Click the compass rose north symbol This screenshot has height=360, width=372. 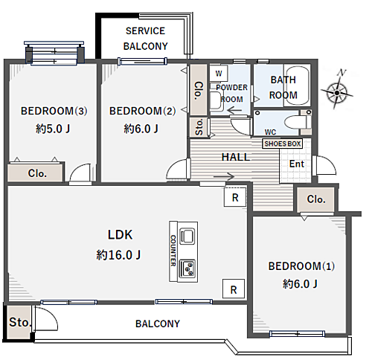coord(336,90)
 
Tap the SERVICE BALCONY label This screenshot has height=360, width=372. coord(146,39)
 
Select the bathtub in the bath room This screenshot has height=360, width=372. coord(297,86)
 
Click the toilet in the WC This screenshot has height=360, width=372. coord(297,122)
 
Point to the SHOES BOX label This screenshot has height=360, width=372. coord(282,144)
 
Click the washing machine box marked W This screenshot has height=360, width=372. coord(219,74)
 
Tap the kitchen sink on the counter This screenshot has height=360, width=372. coord(187,236)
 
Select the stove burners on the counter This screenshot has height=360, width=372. coord(187,269)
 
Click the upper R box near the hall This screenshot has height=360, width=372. coord(235,197)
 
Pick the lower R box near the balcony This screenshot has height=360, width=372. coord(234,289)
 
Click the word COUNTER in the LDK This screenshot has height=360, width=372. coord(173,251)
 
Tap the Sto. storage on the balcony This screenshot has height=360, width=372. coord(19,323)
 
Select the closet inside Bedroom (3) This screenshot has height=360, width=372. coord(35,173)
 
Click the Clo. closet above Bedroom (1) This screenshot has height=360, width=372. coord(315,199)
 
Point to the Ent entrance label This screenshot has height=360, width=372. coord(297,164)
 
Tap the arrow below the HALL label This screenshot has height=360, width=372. coord(224,176)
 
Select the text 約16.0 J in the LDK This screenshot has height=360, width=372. coord(118,255)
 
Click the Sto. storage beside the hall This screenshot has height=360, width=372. coord(199,127)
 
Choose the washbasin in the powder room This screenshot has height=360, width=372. coord(216,100)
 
